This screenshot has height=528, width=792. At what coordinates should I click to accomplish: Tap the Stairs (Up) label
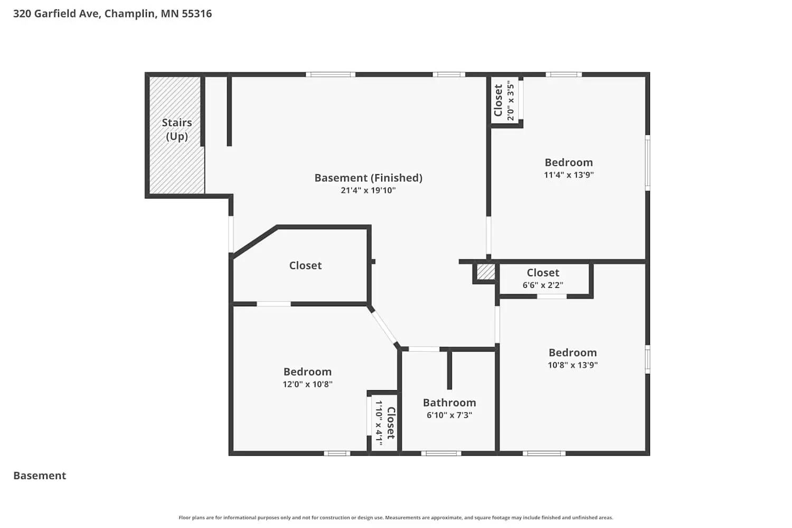pos(177,129)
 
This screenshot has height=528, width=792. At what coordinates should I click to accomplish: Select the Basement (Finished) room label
pos(368,178)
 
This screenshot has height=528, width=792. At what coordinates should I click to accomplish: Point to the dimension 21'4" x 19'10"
pos(368,191)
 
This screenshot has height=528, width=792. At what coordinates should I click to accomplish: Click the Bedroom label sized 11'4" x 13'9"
pos(569,163)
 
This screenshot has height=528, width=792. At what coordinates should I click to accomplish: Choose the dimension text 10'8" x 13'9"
pos(572,365)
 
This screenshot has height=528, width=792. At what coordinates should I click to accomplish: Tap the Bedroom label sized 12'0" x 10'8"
pos(307,372)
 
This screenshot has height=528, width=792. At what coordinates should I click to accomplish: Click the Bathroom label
pos(449,403)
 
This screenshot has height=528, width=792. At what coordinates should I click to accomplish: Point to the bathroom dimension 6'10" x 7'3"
pos(449,416)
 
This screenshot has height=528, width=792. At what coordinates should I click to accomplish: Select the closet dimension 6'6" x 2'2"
pos(543,285)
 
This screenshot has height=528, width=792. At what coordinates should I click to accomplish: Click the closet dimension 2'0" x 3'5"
pos(511,100)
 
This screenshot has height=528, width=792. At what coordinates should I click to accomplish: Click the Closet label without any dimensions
pos(305,266)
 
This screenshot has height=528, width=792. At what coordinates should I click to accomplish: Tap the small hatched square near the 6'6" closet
pos(486,272)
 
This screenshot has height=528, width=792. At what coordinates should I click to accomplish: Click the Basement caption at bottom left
pos(40,476)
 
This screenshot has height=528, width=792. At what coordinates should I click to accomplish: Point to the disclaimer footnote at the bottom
pos(396,518)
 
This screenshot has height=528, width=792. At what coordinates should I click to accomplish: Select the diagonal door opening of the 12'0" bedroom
pos(384,327)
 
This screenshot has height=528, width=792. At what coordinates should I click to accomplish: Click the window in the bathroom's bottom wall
pos(441,453)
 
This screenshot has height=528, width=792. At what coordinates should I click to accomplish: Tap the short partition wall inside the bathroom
pos(449,370)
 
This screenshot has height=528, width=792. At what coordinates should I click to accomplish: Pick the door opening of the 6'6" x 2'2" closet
pos(552,297)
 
